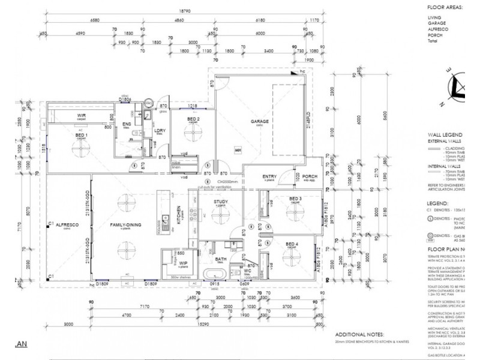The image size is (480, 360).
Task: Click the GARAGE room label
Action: (x=259, y=121)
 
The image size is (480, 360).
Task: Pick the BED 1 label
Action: (x=82, y=136)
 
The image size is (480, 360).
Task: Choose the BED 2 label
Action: (x=193, y=119)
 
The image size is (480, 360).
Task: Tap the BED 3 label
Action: (x=294, y=198)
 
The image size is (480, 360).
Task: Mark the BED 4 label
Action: (x=292, y=244)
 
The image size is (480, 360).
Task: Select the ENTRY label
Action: (x=269, y=176)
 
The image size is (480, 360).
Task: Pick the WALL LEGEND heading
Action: (x=445, y=135)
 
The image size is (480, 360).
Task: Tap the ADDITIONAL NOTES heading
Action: (x=361, y=334)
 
